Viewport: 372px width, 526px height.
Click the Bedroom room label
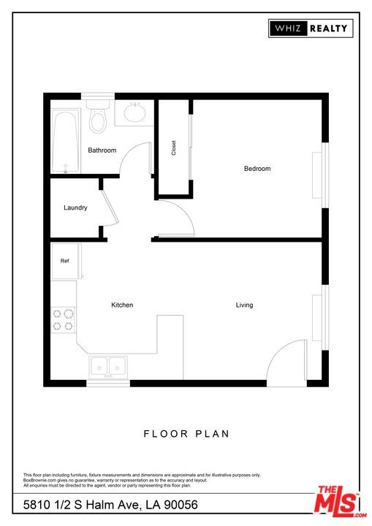257,169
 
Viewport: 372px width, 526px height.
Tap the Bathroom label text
102,150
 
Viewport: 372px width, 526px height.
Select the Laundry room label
75,207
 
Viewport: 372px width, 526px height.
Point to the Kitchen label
122,305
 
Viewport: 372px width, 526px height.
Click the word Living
244,305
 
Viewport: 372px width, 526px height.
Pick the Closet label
174,148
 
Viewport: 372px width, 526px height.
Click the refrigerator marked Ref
64,261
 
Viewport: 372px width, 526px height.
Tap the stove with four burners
63,320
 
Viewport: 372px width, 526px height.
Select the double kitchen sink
108,365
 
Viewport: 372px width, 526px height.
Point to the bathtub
65,142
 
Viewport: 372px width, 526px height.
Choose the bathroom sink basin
134,113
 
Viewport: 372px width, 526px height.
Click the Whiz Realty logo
311,28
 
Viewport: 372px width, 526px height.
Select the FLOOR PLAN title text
186,433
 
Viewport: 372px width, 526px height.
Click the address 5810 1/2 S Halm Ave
110,505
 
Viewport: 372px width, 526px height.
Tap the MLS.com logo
338,501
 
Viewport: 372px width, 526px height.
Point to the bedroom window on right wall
326,175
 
